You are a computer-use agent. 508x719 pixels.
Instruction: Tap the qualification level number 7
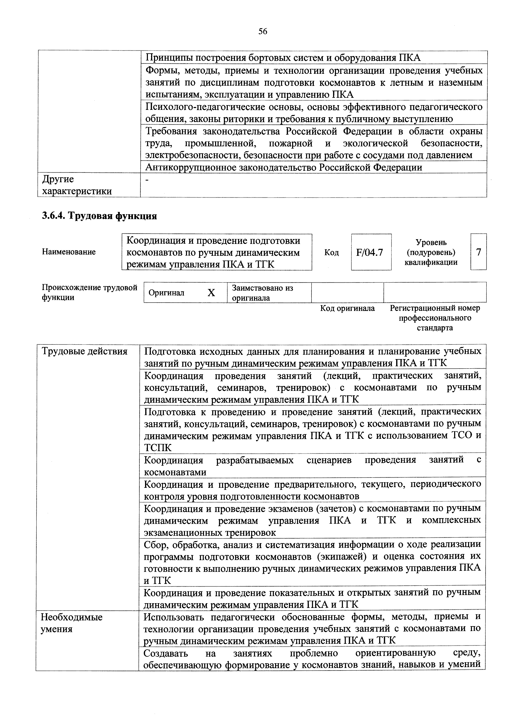[x=478, y=252]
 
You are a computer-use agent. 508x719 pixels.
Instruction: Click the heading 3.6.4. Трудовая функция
[x=99, y=216]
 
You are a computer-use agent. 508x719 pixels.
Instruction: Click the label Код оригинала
[x=347, y=308]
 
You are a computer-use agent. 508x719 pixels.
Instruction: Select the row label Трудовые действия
[x=85, y=351]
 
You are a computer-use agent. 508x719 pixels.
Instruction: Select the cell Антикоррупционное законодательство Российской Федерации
[x=283, y=167]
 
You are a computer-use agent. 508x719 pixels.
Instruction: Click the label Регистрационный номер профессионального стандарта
[x=434, y=318]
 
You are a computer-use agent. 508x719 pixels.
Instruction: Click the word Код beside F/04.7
[x=331, y=252]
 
